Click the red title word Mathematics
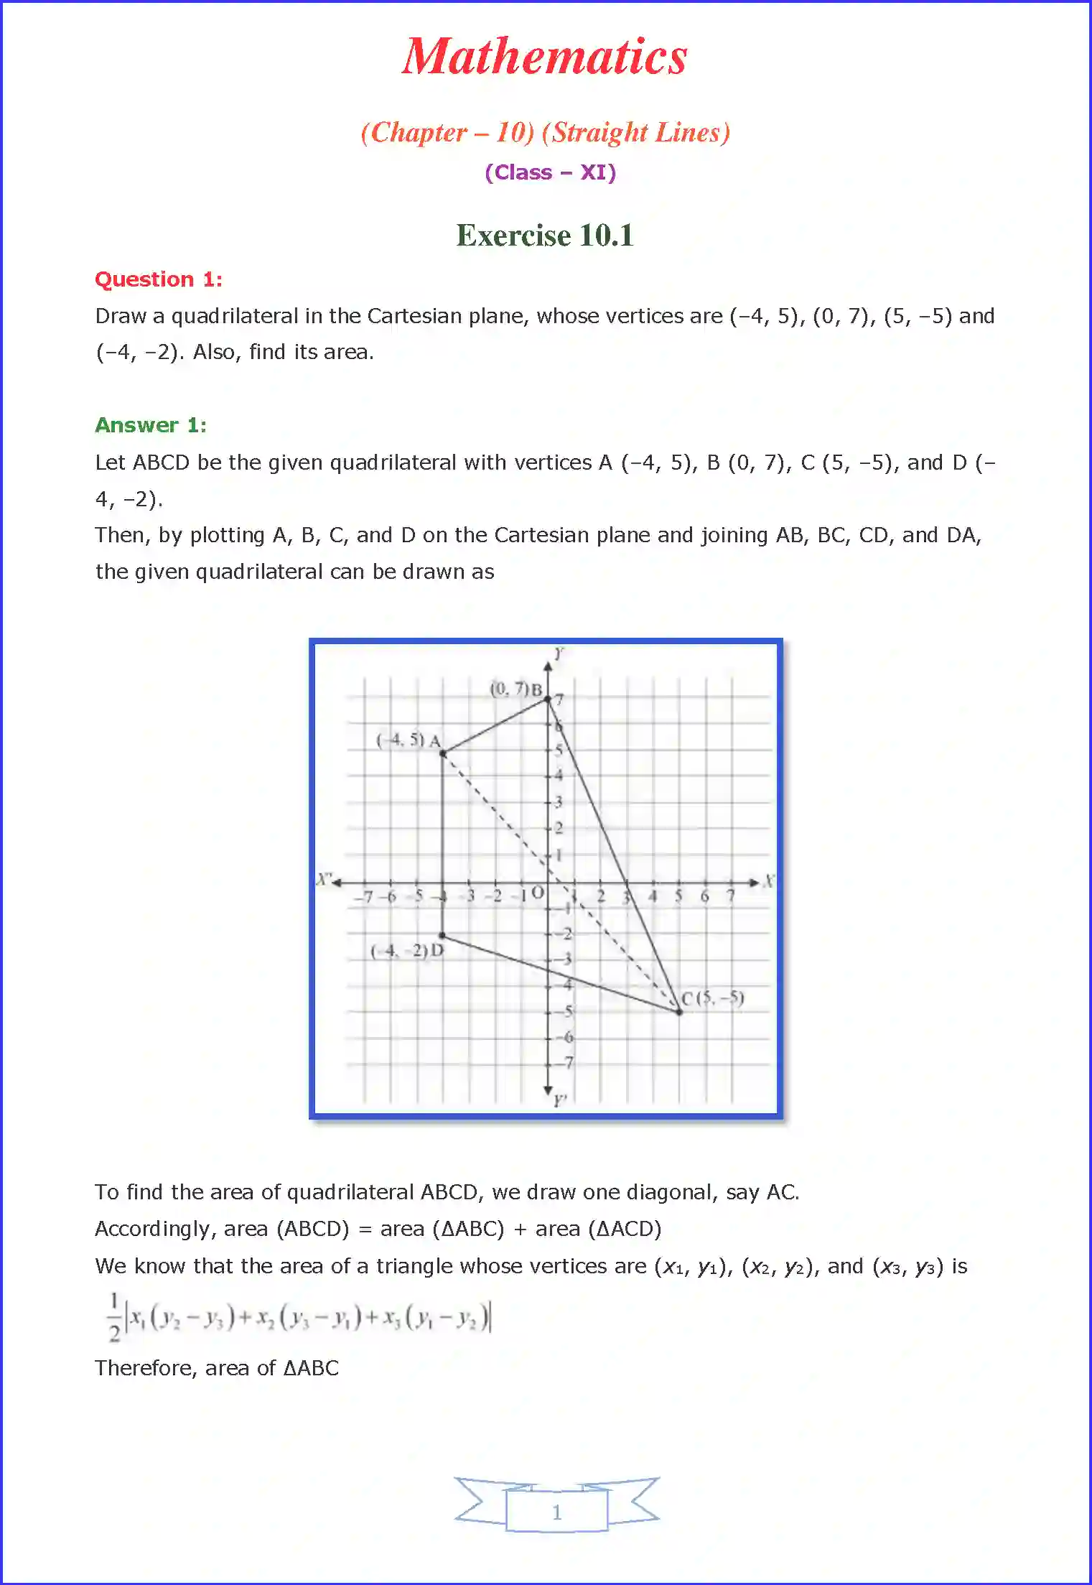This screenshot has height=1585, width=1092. coord(544,57)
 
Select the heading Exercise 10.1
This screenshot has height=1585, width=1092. coord(545,236)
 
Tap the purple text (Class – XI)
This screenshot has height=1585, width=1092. coord(550,172)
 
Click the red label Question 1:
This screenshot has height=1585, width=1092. coord(159,279)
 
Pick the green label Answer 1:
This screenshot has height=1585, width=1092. coord(151,425)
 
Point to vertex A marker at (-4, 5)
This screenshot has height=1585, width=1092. coord(443,753)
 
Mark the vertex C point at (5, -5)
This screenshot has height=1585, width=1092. coord(679,1012)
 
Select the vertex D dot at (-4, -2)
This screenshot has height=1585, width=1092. coord(443,935)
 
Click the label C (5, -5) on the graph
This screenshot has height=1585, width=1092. coord(712,998)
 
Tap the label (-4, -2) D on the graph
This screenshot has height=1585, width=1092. coord(407,951)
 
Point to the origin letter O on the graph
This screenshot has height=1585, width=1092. coord(537,893)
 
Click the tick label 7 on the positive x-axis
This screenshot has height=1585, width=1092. coord(731,896)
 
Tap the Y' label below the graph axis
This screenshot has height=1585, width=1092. coord(559,1100)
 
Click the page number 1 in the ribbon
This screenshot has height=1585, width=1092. coord(557,1512)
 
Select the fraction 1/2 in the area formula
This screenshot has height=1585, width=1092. coord(114,1317)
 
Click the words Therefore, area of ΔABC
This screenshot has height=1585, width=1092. coord(216,1368)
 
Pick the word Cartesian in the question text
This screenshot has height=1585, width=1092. coord(414,316)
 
